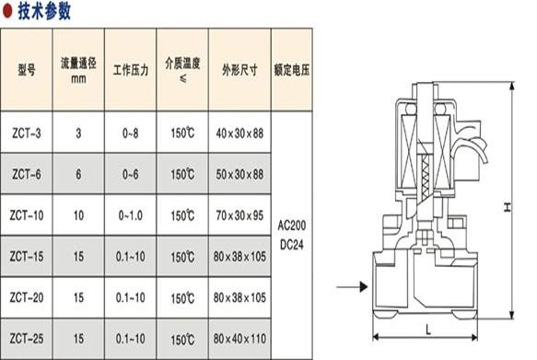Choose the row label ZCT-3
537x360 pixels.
coord(27,134)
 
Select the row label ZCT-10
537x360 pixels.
coord(27,215)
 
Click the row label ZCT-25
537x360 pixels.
coord(27,339)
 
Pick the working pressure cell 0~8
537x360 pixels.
coord(130,134)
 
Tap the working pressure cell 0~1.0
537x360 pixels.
coord(130,215)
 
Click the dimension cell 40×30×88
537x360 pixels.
coord(239,134)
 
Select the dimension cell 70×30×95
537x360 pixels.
coord(239,215)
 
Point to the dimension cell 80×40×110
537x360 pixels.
coord(239,339)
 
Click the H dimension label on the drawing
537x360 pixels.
coord(506,208)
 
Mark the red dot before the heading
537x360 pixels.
coord(7,11)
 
